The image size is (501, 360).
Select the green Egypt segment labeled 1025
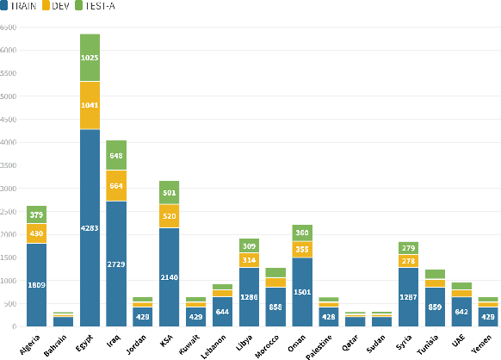(x=90, y=58)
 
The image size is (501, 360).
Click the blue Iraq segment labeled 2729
(x=117, y=264)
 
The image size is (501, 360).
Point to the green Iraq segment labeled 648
(x=117, y=155)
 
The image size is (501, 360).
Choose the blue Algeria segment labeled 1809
(x=37, y=284)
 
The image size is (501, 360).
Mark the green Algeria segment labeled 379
(x=37, y=214)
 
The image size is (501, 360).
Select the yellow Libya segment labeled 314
(x=250, y=260)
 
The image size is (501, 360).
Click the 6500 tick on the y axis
(x=9, y=27)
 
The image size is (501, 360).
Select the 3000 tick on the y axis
(x=9, y=189)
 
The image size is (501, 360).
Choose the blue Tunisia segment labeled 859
(x=435, y=307)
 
